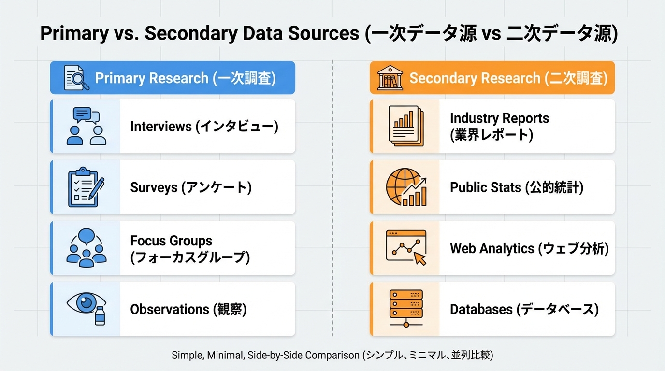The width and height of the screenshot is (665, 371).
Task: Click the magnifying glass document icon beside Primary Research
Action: tap(77, 78)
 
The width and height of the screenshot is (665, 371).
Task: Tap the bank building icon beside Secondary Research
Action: tap(390, 78)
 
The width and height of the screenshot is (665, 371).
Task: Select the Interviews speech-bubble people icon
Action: tap(86, 127)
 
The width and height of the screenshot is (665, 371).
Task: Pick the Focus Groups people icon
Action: tap(86, 248)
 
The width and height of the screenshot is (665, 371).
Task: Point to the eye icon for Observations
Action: tap(86, 308)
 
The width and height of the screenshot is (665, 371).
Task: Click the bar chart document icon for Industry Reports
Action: tap(406, 126)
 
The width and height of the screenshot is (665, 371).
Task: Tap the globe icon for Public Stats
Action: tap(406, 187)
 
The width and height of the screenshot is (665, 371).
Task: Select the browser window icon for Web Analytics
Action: tap(406, 248)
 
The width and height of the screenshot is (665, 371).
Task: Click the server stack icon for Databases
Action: tap(406, 309)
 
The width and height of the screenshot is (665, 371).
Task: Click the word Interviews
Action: tap(161, 127)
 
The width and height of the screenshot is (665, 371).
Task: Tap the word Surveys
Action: tap(154, 187)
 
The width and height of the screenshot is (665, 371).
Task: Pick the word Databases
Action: tap(481, 309)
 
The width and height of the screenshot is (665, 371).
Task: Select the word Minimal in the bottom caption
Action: tap(226, 356)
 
